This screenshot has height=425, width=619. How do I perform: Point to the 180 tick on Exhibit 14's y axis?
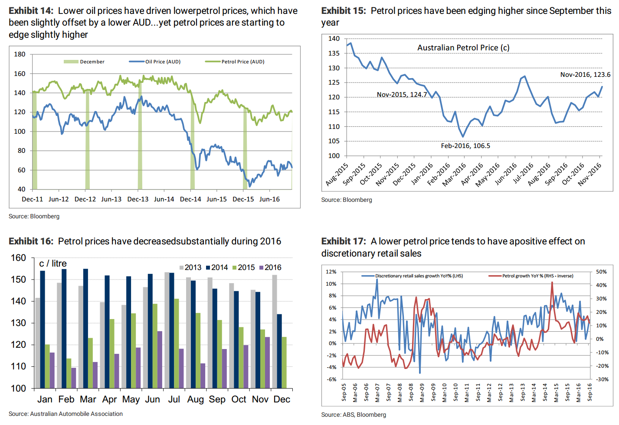click(20, 54)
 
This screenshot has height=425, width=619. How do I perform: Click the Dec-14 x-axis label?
click(190, 199)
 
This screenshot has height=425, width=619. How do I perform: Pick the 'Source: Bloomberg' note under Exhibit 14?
click(34, 216)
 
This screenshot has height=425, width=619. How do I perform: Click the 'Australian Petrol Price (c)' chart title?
click(463, 48)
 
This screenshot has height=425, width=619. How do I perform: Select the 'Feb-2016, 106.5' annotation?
click(465, 146)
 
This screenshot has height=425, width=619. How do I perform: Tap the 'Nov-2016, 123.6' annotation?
click(585, 75)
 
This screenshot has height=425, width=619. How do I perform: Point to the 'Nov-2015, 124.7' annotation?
click(402, 95)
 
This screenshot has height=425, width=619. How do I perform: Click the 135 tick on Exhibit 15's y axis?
click(334, 53)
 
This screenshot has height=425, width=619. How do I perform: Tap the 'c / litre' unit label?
click(53, 264)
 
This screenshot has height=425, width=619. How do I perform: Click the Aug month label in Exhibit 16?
click(195, 399)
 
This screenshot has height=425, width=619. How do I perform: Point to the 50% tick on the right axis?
click(601, 272)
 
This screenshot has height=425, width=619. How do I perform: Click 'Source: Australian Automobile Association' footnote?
click(66, 414)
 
